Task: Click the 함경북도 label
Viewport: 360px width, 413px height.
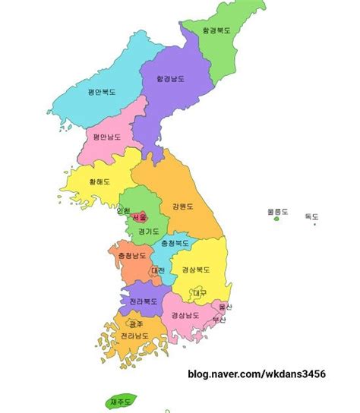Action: [x=216, y=32]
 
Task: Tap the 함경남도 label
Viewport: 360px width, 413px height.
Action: [x=171, y=78]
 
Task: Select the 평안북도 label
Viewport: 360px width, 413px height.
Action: [x=102, y=93]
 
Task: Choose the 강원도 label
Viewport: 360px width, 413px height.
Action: [x=183, y=206]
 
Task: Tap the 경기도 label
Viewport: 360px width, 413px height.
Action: [x=149, y=231]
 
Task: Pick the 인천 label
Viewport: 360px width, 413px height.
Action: [x=124, y=210]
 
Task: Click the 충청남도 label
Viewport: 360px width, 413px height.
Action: [x=128, y=256]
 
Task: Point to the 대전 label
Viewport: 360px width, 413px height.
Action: [x=158, y=270]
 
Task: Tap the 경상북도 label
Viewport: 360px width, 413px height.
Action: [x=196, y=270]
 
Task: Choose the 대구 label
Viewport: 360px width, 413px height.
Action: [x=200, y=293]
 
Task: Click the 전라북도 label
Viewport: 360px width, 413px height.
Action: [x=143, y=301]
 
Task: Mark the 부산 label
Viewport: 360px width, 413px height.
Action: [x=219, y=320]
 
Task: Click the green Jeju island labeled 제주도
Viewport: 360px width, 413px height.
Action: [x=122, y=401]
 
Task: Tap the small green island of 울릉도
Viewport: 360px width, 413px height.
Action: [x=276, y=219]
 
